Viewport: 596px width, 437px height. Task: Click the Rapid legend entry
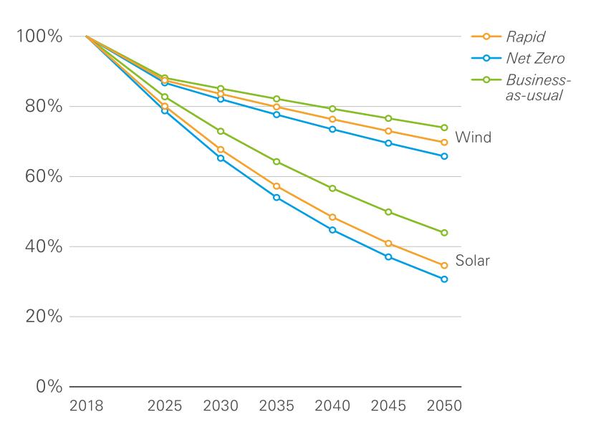click(521, 37)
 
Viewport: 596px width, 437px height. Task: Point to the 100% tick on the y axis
click(41, 37)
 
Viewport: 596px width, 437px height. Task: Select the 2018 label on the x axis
click(86, 406)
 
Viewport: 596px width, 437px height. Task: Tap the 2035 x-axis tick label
click(276, 406)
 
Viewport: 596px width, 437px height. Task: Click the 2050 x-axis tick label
click(444, 406)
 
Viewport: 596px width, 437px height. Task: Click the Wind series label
click(473, 138)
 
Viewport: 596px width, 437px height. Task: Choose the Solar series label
click(473, 261)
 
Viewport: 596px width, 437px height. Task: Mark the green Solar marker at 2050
click(444, 233)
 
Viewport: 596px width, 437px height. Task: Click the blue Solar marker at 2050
click(444, 279)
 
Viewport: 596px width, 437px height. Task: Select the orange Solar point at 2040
click(332, 217)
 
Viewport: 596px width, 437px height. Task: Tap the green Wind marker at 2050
click(444, 128)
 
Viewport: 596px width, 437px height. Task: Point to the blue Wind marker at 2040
click(332, 129)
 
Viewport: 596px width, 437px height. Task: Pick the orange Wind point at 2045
click(388, 131)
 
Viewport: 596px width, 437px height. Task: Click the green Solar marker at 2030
click(221, 131)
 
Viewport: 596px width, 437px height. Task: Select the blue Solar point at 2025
click(165, 111)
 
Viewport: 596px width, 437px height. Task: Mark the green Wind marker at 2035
click(277, 99)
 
